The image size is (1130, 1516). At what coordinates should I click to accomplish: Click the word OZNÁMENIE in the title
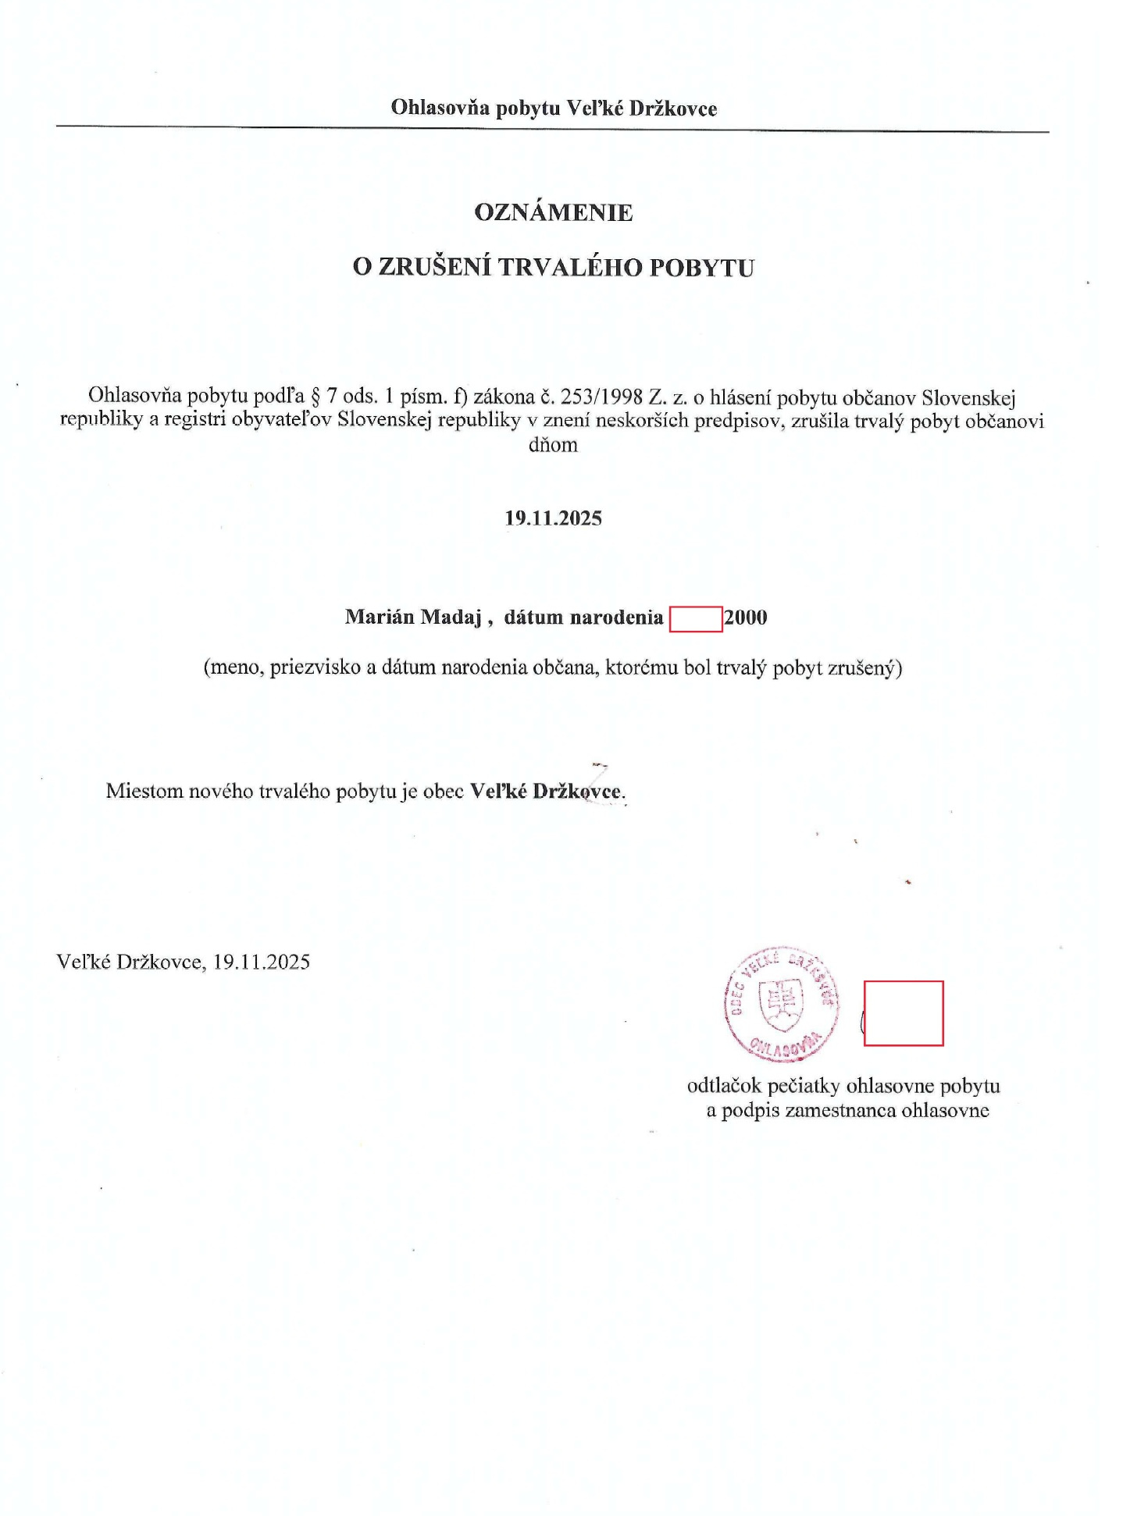point(554,212)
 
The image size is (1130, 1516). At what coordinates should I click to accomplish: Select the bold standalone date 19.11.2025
point(553,518)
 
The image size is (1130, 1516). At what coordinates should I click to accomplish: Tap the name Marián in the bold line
point(380,617)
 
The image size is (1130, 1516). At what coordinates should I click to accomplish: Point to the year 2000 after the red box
point(746,617)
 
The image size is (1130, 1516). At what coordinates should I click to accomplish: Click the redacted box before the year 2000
point(696,618)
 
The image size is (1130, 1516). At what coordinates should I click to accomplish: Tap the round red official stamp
point(781,1004)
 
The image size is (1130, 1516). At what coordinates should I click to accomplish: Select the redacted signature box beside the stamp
point(904,1012)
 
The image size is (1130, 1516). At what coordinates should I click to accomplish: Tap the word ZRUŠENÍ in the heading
point(435,268)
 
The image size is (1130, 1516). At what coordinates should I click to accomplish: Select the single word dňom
point(553,446)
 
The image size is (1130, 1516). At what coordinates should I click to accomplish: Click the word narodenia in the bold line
point(616,617)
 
